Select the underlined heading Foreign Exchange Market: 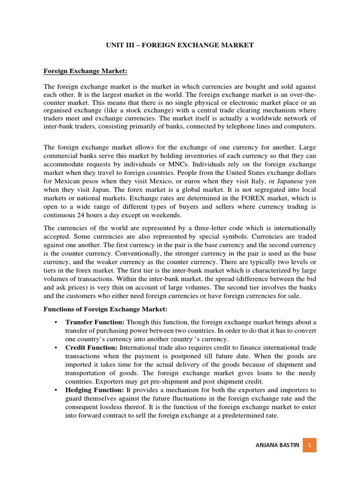[85, 71]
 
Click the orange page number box [309, 445]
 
